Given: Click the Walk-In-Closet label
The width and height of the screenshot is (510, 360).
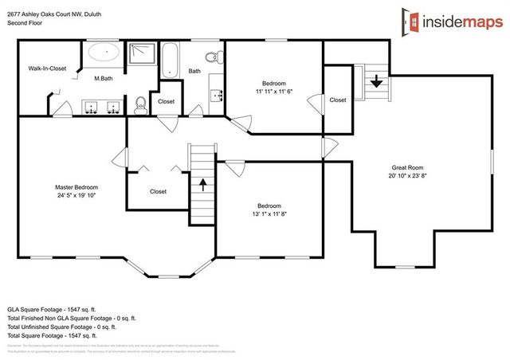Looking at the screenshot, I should (x=47, y=69).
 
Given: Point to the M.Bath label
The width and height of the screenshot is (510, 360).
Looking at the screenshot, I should (x=103, y=78).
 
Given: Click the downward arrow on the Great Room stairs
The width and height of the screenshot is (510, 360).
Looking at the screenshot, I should (x=375, y=79).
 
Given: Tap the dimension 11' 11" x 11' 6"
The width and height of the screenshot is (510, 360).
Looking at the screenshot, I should (x=274, y=92).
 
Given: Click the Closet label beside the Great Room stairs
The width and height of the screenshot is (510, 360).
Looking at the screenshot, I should (x=338, y=100).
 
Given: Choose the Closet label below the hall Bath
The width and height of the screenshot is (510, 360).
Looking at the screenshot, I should (x=167, y=101).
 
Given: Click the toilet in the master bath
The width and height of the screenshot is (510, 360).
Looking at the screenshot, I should (x=140, y=103).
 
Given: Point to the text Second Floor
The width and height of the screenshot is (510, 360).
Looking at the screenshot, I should (x=25, y=23).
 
